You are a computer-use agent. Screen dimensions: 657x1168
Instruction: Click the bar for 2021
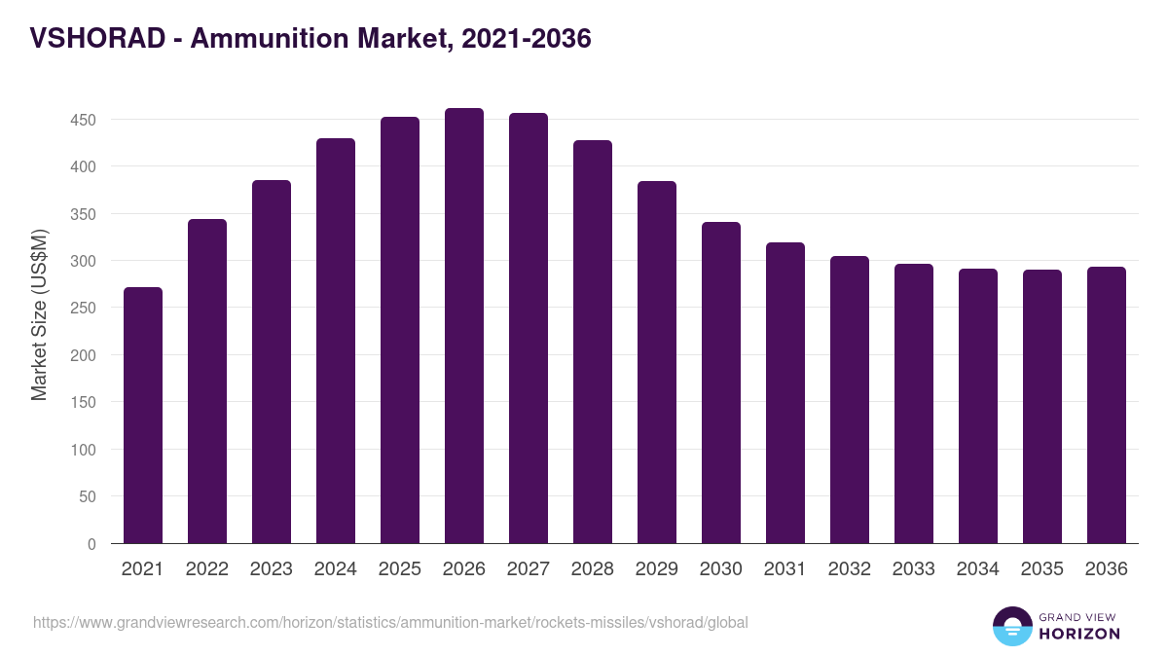tap(143, 416)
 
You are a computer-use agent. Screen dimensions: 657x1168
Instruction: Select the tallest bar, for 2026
tap(464, 326)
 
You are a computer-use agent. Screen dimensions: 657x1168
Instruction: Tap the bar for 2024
tap(336, 341)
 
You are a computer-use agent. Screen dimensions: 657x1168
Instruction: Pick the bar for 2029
tap(657, 362)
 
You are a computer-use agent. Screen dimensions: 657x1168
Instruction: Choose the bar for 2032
tap(850, 400)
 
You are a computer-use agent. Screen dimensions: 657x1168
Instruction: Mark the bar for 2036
tap(1107, 405)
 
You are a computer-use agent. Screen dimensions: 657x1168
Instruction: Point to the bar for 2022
tap(207, 382)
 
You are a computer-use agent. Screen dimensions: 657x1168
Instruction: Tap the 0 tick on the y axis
tap(91, 544)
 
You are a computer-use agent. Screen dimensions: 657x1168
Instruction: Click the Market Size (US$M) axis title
tap(39, 314)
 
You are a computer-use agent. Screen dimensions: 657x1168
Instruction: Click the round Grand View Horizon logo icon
tap(1012, 626)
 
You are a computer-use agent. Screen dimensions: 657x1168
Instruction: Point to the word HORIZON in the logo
tap(1080, 634)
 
